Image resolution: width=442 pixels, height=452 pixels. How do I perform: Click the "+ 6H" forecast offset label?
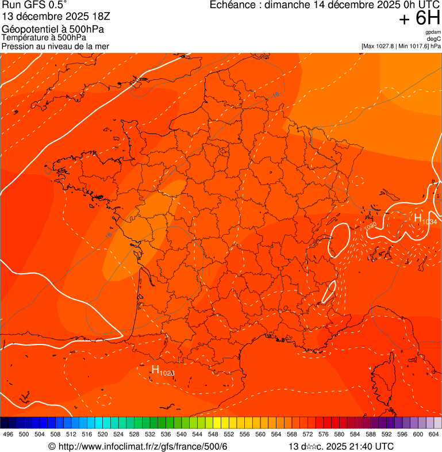pyautogui.click(x=420, y=19)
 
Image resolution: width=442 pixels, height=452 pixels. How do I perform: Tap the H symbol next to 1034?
pyautogui.click(x=418, y=218)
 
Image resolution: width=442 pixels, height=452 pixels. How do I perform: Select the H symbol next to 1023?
pyautogui.click(x=155, y=369)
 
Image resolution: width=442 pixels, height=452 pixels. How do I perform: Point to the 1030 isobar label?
pyautogui.click(x=370, y=227)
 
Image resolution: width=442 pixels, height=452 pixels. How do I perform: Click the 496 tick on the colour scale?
pyautogui.click(x=8, y=434)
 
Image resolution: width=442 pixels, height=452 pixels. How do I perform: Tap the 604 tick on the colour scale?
pyautogui.click(x=433, y=434)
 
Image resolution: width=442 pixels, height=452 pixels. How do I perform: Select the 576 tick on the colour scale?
pyautogui.click(x=324, y=434)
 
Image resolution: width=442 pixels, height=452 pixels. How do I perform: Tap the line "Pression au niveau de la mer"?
pyautogui.click(x=55, y=46)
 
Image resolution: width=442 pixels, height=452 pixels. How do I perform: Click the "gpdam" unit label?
pyautogui.click(x=433, y=32)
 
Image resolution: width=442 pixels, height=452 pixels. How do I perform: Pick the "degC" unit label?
pyautogui.click(x=435, y=39)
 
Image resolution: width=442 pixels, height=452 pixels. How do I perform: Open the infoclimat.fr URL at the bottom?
pyautogui.click(x=138, y=446)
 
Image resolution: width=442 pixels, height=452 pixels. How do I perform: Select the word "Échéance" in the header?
pyautogui.click(x=229, y=5)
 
